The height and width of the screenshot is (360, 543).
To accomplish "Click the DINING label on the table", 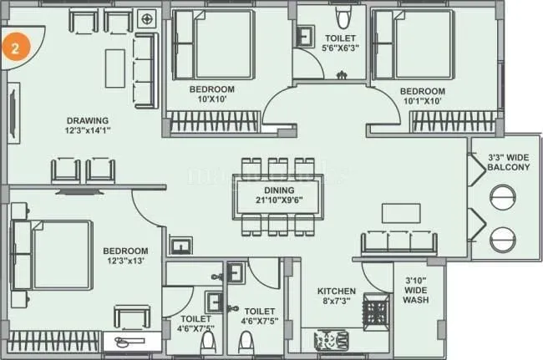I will point(275,189).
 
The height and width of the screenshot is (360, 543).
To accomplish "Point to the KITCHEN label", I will point(337,292).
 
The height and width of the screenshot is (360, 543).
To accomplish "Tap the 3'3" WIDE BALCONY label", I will point(509,162).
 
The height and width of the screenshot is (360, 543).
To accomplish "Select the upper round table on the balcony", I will point(505,198).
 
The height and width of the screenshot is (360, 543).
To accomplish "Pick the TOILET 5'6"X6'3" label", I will point(340,43).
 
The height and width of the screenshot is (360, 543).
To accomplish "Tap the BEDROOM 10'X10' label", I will point(211,94).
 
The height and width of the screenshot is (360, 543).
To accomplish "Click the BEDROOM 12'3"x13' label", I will point(125,256).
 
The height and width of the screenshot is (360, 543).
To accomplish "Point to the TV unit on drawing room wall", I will point(13,109).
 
